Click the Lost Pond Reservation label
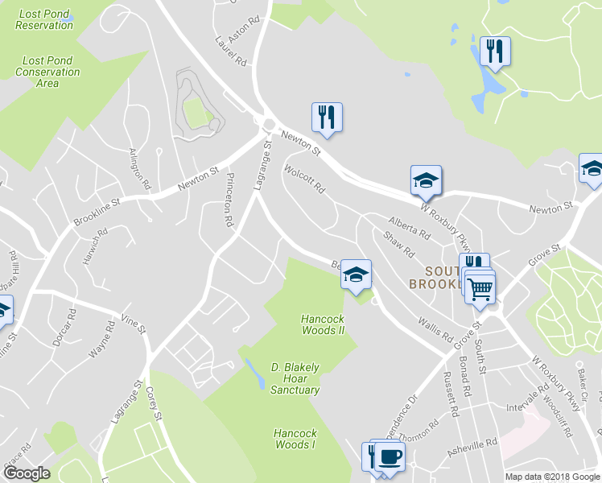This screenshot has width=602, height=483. tap(44, 19)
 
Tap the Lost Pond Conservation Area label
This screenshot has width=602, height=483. tap(51, 72)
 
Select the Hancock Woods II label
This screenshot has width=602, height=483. tap(328, 324)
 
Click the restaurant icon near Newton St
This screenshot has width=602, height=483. tap(327, 117)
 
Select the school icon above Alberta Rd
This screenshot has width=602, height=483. tap(426, 180)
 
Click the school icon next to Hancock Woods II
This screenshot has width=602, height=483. tap(356, 275)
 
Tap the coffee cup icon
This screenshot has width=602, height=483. tap(390, 456)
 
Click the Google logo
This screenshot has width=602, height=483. tap(27, 473)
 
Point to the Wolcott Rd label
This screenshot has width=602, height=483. tap(304, 180)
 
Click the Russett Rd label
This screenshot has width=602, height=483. tap(454, 398)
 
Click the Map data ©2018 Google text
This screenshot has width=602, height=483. tap(552, 477)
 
